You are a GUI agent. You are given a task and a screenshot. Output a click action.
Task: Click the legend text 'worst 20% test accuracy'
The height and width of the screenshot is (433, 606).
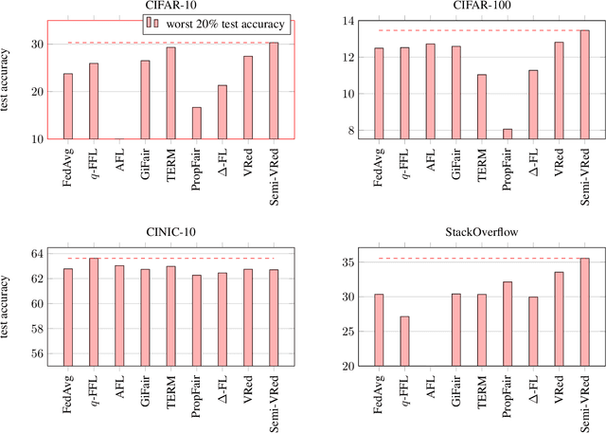point(224,25)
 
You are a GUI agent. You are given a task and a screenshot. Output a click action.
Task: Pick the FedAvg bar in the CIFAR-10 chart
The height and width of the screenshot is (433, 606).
point(67,105)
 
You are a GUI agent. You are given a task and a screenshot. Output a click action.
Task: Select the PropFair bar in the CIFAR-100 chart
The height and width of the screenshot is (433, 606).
point(508,134)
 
